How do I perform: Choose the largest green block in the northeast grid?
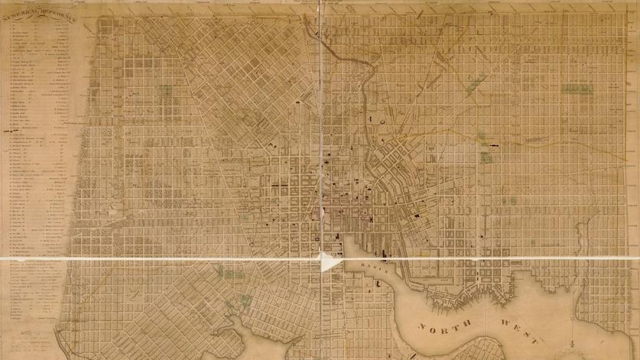click(573, 89)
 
